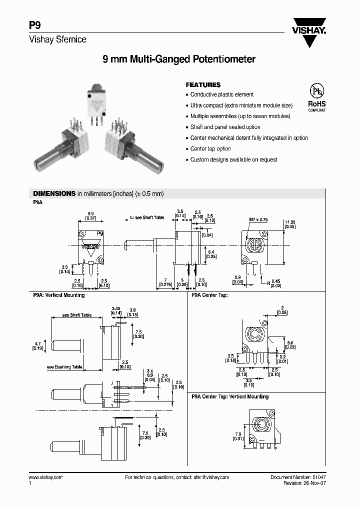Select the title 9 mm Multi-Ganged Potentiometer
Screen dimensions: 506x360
179,59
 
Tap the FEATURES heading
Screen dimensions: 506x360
203,85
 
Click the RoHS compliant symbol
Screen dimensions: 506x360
316,96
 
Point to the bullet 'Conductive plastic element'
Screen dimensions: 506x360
222,94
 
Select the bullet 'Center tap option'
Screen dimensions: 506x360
210,149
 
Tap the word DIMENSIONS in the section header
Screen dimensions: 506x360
53,193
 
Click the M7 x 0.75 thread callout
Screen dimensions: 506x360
258,219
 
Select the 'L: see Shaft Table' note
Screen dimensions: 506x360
147,218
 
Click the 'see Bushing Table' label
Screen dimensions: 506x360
65,367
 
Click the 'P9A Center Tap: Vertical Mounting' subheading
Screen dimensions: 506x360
230,396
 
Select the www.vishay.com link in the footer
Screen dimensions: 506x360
45,477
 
